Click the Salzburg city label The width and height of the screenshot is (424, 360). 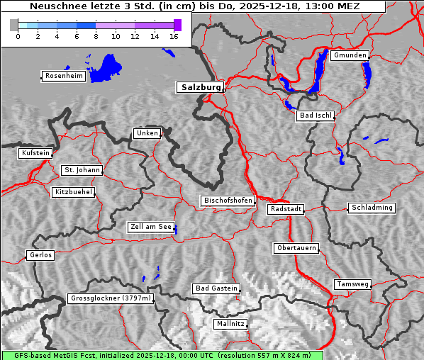[200, 87]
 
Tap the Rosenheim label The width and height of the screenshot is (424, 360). [63, 76]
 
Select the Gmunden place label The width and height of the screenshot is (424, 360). [349, 55]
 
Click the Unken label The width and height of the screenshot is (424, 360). [146, 133]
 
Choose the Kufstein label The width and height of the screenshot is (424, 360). [35, 153]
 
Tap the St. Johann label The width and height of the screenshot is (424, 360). [82, 170]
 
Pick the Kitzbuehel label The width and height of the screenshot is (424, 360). [73, 192]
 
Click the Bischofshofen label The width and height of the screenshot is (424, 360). [228, 201]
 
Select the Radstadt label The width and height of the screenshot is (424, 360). [286, 209]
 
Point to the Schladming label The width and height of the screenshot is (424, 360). [371, 208]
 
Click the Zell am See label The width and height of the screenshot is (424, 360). [150, 227]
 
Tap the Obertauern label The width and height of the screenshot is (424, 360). [296, 248]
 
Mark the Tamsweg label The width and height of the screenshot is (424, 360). [352, 284]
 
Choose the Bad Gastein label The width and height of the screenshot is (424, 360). [216, 288]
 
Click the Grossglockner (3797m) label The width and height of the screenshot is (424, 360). [111, 299]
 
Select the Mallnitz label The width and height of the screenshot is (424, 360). [230, 324]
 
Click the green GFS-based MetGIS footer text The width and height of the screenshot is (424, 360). [162, 355]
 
